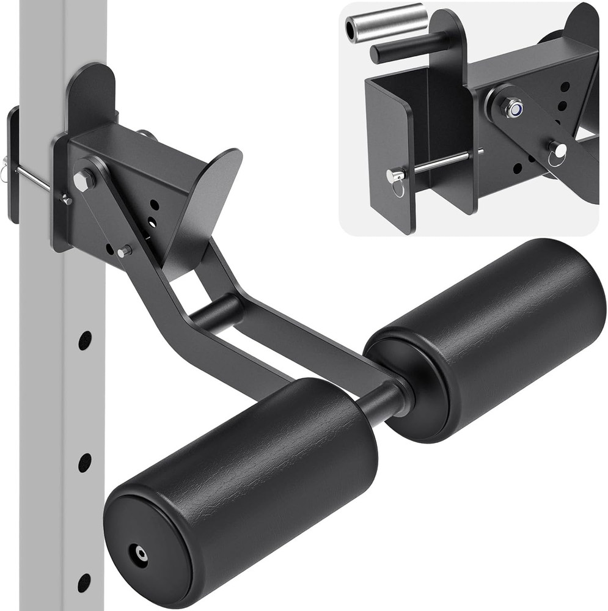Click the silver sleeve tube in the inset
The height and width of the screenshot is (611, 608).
coord(384,23)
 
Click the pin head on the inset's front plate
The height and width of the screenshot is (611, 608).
coord(391,176)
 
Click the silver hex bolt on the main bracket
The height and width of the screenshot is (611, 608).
coord(84,180)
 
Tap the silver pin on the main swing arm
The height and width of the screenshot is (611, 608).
coord(125,251)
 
